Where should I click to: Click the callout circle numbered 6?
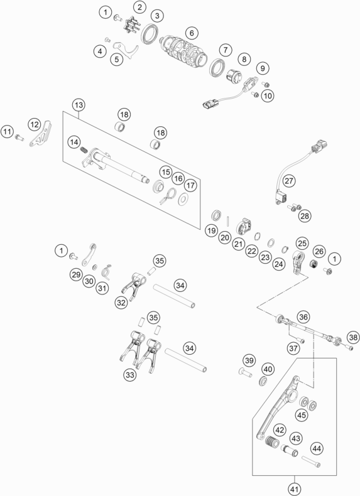pyautogui.click(x=192, y=33)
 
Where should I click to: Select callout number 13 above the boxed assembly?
pyautogui.click(x=79, y=105)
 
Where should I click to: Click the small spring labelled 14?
pyautogui.click(x=84, y=149)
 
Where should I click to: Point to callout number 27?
pyautogui.click(x=289, y=181)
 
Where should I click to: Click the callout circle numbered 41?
pyautogui.click(x=295, y=489)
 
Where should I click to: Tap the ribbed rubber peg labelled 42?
pyautogui.click(x=271, y=441)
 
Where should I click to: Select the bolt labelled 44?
pyautogui.click(x=311, y=461)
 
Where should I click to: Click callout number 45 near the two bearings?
pyautogui.click(x=301, y=415)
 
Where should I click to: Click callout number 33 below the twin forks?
pyautogui.click(x=130, y=375)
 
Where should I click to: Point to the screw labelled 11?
pyautogui.click(x=19, y=137)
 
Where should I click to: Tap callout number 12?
pyautogui.click(x=35, y=124)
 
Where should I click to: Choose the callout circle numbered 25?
pyautogui.click(x=302, y=243)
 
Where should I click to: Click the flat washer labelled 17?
pyautogui.click(x=183, y=199)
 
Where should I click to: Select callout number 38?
pyautogui.click(x=353, y=337)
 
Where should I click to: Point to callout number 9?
pyautogui.click(x=263, y=68)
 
